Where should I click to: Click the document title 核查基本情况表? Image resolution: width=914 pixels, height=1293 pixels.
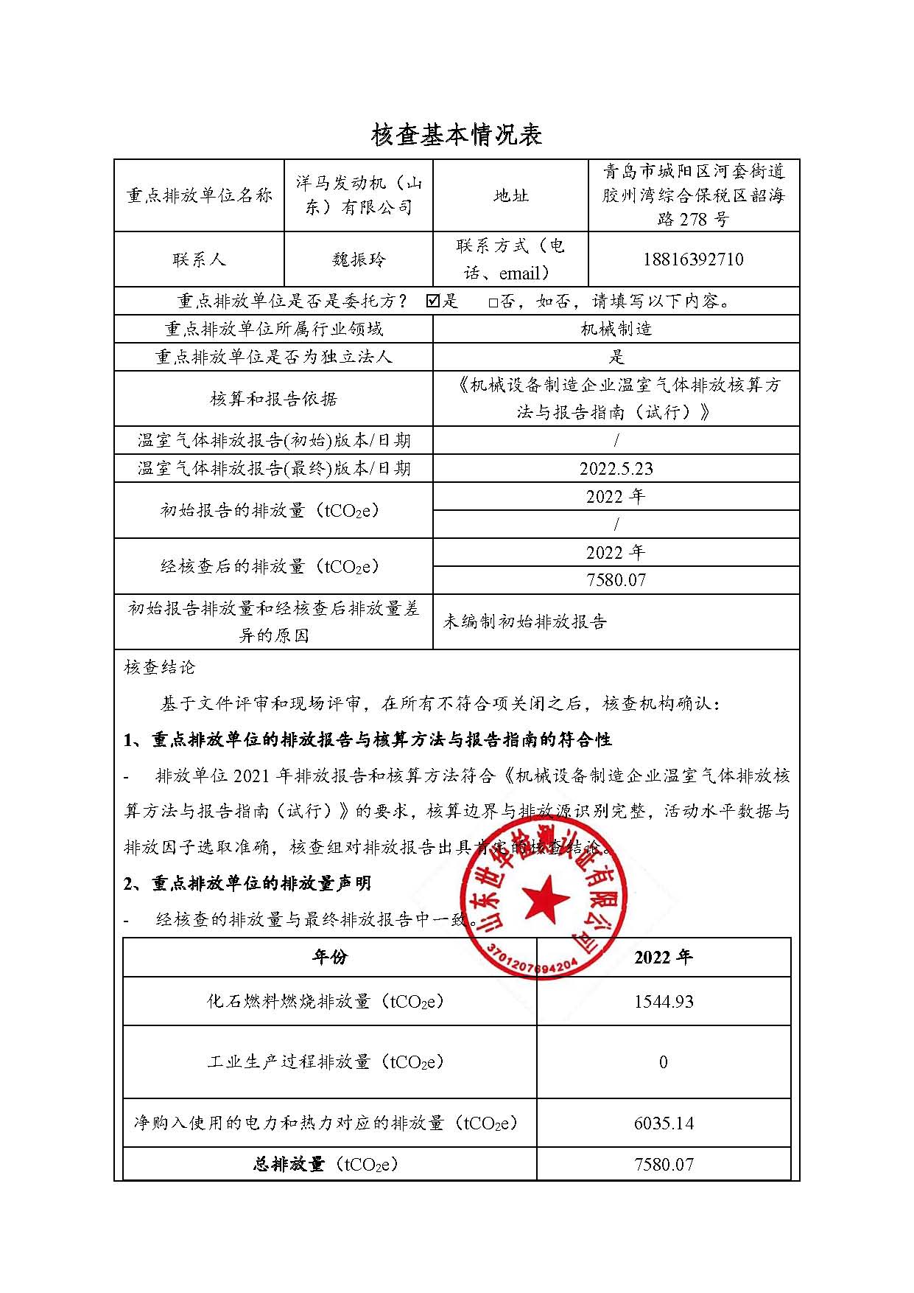tap(457, 134)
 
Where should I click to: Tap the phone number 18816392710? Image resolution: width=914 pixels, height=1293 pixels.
tap(692, 259)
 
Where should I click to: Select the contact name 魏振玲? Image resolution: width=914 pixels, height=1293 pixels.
tap(358, 259)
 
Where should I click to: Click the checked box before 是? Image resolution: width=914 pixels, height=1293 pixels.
tap(433, 301)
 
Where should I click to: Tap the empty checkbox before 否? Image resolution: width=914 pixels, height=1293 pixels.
tap(493, 302)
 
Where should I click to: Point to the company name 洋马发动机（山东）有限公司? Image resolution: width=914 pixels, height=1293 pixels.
tap(358, 195)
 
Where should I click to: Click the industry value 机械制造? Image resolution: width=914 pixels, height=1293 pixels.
tap(616, 329)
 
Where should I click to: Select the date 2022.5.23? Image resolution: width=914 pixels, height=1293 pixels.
tap(616, 469)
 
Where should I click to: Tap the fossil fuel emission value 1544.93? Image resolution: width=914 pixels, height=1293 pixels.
tap(663, 1001)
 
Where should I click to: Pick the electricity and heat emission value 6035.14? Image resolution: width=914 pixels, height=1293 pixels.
tap(663, 1123)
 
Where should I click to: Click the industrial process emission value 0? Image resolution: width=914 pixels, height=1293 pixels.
tap(663, 1062)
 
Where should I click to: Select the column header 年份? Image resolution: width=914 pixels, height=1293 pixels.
tap(329, 957)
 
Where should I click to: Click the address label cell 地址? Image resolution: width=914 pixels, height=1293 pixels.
tap(510, 195)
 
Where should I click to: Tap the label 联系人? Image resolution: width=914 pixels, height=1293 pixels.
tap(199, 259)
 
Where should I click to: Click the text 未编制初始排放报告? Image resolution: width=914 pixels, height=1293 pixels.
tap(524, 622)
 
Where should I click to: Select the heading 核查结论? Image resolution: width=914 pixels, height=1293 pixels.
tap(160, 668)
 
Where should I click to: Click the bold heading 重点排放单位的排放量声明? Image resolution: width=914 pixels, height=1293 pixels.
tap(261, 883)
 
